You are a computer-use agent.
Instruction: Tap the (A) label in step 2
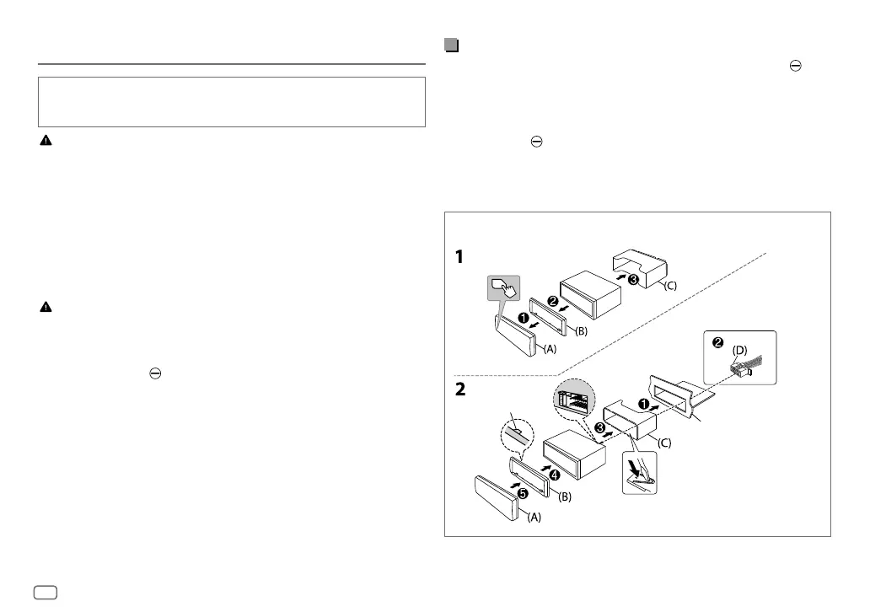(x=535, y=519)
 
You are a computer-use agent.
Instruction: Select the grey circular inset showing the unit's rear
(x=576, y=397)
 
